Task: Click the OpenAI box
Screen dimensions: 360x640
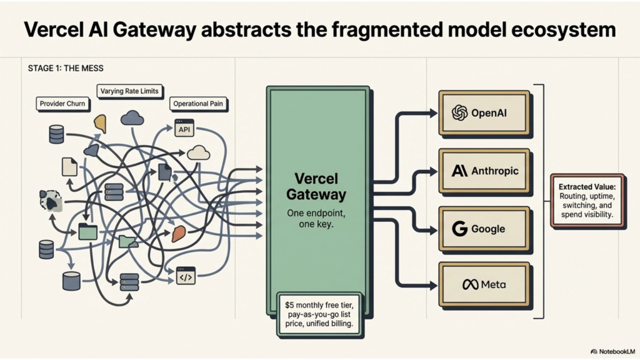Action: (483, 112)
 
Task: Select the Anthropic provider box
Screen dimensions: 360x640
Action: (483, 171)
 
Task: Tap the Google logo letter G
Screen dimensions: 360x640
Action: (460, 229)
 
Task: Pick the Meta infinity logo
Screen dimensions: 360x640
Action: (470, 285)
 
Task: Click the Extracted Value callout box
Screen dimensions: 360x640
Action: (587, 200)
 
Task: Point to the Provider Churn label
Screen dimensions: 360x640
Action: (62, 103)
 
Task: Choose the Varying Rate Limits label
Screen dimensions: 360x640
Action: (129, 91)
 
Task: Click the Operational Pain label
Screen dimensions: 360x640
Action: (198, 104)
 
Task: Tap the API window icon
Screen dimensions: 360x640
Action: (184, 128)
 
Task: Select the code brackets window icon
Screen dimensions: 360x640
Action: (186, 276)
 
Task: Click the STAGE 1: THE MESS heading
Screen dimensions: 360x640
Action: (66, 68)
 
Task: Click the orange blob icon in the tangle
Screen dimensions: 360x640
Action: (179, 234)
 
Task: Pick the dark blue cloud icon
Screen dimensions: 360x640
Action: (132, 117)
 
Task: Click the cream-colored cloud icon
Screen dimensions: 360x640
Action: (198, 152)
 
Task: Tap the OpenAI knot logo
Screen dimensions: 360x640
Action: (459, 112)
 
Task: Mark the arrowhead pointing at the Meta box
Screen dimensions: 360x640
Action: (434, 286)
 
